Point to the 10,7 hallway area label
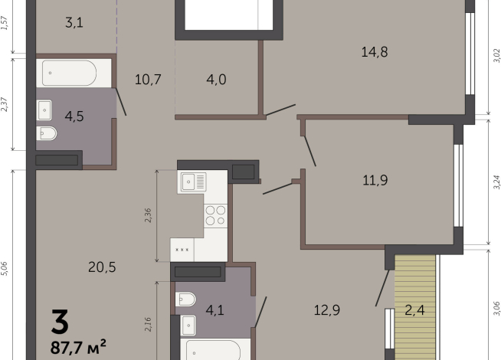148,79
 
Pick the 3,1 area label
74,22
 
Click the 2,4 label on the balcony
415,310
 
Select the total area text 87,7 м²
78,347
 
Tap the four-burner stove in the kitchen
215,215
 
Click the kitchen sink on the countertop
193,182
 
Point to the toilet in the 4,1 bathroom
186,299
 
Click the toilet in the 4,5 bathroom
47,135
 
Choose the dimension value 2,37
5,104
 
